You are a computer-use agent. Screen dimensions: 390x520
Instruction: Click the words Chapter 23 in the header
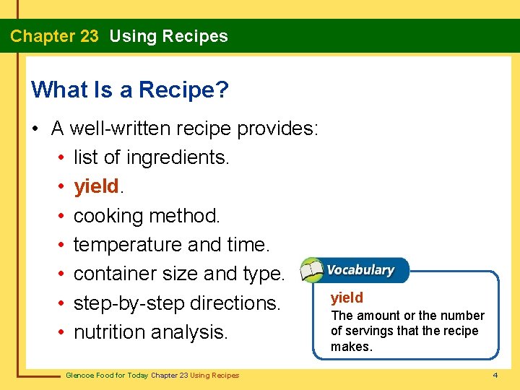54,36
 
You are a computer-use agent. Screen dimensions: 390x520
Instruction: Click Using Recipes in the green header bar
168,36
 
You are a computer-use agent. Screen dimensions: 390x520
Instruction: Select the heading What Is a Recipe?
130,90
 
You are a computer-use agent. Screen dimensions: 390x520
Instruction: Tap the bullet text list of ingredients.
151,157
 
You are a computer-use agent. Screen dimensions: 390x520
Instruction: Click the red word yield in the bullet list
96,186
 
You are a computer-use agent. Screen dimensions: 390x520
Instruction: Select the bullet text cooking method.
147,215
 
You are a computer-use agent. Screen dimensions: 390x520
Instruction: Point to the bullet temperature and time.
171,245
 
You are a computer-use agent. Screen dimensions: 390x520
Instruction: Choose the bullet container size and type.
179,274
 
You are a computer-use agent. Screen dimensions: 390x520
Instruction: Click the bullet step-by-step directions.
176,303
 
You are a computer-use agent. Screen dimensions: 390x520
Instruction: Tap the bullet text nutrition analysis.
150,332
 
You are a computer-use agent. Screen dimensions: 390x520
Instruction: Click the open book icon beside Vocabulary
312,270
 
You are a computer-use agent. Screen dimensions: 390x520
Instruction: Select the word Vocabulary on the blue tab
360,270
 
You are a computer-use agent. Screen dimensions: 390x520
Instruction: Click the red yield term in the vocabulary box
347,298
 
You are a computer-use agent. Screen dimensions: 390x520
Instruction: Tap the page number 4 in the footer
495,376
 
